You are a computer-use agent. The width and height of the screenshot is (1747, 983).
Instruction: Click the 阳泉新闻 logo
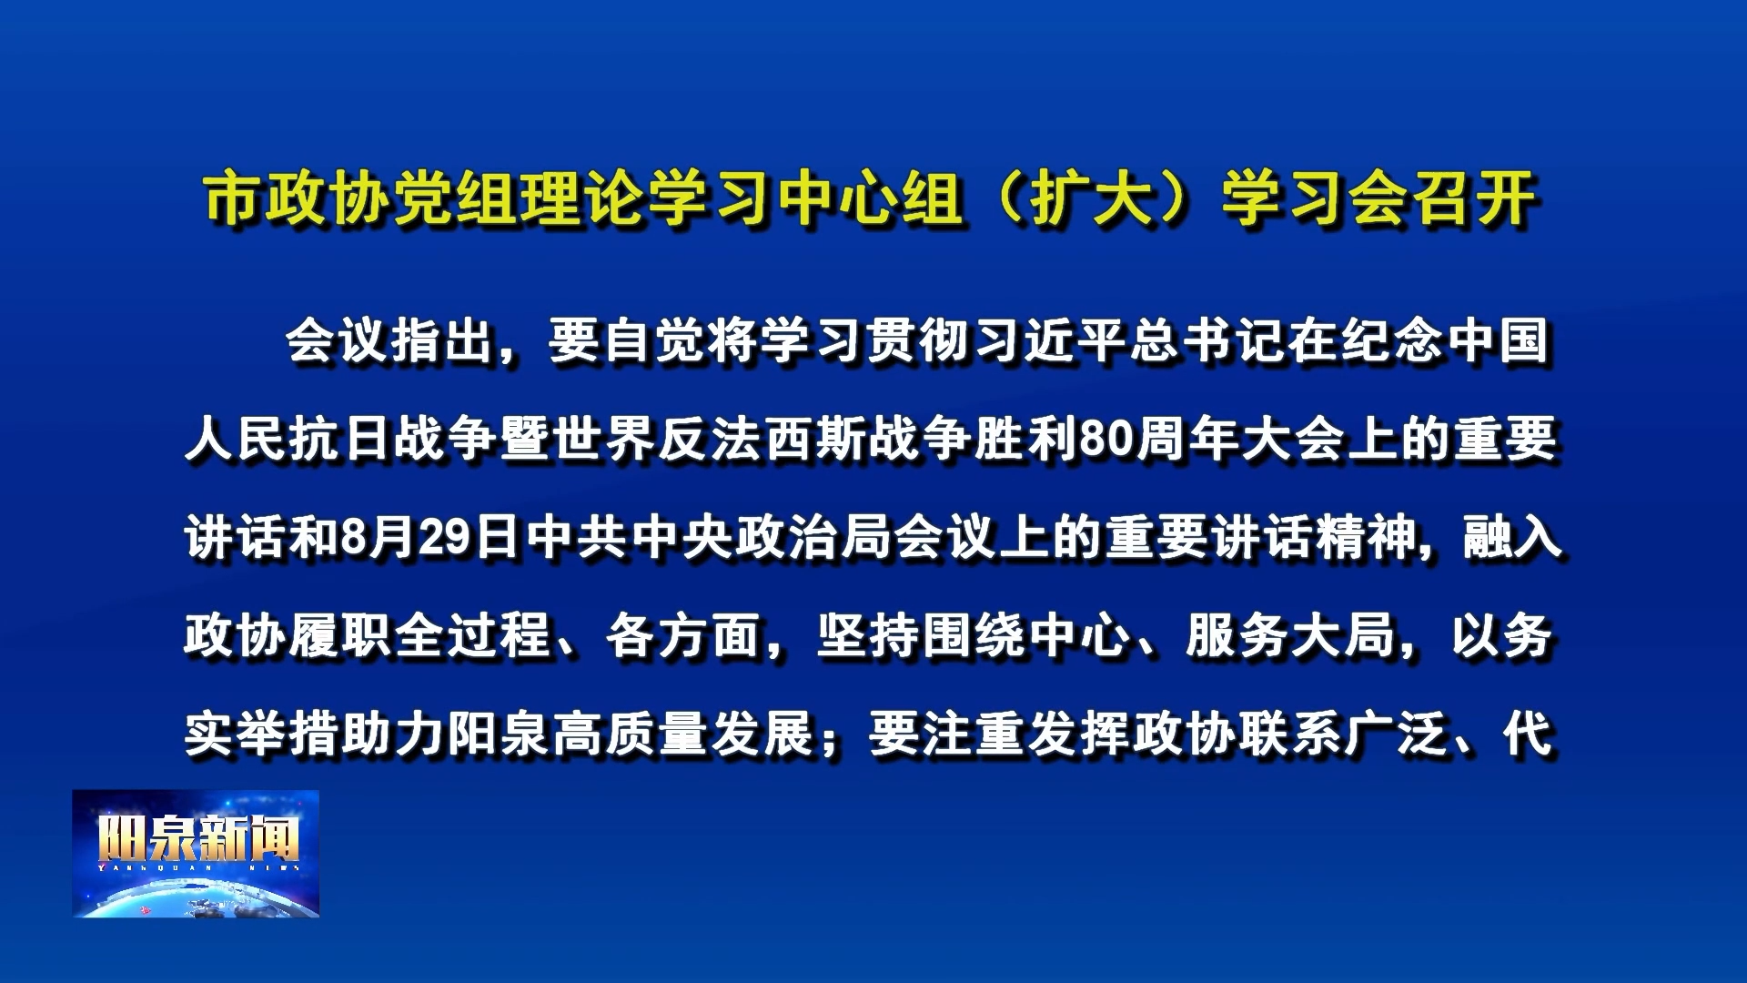(196, 853)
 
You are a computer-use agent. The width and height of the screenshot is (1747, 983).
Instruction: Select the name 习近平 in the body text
(1051, 341)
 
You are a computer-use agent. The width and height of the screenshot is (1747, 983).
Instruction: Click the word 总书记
(1209, 341)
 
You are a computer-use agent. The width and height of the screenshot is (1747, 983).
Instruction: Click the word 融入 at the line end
(1511, 538)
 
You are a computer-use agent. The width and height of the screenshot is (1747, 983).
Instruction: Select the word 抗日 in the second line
(342, 440)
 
